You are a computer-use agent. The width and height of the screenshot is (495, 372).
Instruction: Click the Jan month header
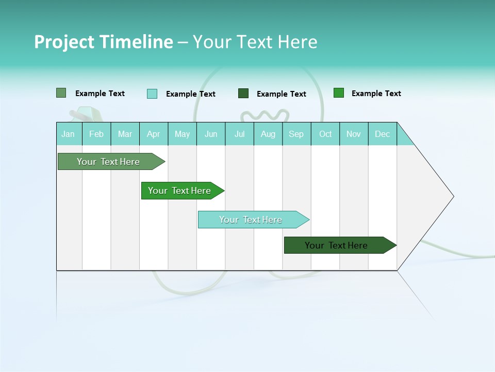(69, 134)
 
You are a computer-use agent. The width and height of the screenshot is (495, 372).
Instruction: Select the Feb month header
(96, 134)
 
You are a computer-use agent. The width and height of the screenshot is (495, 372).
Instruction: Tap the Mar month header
(125, 134)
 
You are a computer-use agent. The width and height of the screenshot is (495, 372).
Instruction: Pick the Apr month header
(154, 134)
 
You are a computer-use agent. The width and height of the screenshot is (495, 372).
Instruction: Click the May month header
(182, 134)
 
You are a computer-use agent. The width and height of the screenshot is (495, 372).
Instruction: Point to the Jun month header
(211, 134)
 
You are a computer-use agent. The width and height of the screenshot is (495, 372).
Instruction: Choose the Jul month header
(239, 134)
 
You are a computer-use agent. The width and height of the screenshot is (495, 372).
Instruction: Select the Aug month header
(268, 134)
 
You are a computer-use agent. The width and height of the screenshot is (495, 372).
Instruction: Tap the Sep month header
(296, 134)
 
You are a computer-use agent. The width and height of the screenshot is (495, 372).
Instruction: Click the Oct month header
(325, 134)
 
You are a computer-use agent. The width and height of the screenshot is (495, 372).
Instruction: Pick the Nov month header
(354, 134)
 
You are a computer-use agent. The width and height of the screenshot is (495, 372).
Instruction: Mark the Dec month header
(383, 134)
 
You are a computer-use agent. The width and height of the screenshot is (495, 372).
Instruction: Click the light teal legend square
(152, 94)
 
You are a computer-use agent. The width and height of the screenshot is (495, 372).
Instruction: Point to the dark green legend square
(243, 94)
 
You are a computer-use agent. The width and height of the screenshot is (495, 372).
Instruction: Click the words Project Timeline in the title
(104, 42)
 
